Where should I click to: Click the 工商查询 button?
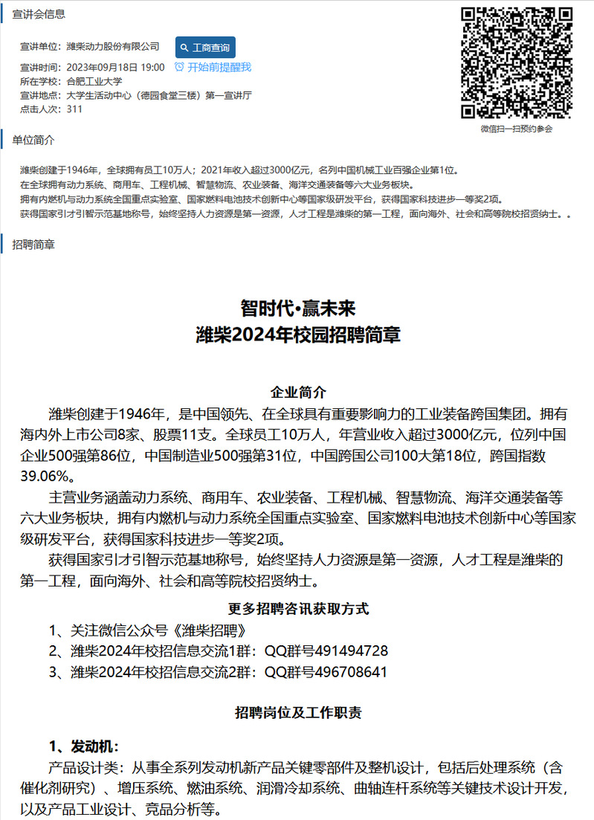[x=205, y=48]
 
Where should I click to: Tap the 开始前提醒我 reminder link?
[x=213, y=67]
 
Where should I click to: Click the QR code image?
[x=517, y=62]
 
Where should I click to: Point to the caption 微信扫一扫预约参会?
[x=517, y=129]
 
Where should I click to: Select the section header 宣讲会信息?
[x=39, y=14]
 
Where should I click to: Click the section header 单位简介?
[x=33, y=140]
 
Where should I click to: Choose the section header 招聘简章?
[x=33, y=244]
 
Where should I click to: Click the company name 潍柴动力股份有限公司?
[x=113, y=46]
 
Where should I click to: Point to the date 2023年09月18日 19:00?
[x=115, y=67]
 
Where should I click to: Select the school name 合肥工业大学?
[x=94, y=81]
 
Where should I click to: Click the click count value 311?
[x=74, y=109]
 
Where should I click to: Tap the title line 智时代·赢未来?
[x=297, y=308]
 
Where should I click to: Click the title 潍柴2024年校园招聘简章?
[x=297, y=335]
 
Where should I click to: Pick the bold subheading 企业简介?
[x=297, y=392]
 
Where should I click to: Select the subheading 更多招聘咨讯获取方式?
[x=297, y=609]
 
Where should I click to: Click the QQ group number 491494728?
[x=351, y=651]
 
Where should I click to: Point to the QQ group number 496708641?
[x=351, y=673]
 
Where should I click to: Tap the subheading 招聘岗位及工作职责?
[x=297, y=713]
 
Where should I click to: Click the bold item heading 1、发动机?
[x=83, y=746]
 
